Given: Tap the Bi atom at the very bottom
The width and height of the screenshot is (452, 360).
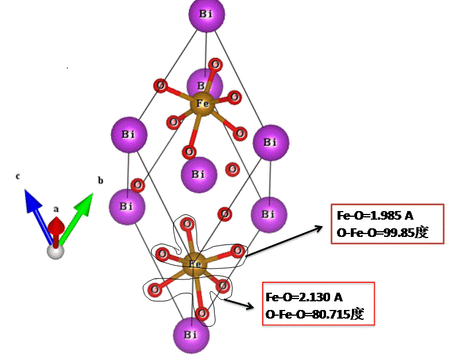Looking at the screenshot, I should point(191,335).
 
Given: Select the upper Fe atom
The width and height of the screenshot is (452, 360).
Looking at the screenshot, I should point(202,104).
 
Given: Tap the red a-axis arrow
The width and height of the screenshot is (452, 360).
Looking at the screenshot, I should point(55,227).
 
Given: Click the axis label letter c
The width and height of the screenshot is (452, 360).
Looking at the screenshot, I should point(18,177).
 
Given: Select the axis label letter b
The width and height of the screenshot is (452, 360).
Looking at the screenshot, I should point(100,181).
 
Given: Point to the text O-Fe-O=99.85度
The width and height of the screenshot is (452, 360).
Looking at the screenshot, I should point(383,232).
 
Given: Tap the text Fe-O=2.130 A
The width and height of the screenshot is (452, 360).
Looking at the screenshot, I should point(304,297).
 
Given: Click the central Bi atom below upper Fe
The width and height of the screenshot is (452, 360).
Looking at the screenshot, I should point(198,174).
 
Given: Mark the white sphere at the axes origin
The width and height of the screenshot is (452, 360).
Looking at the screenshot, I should point(55,251).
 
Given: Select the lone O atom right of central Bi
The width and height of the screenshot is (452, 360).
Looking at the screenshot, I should point(232,169).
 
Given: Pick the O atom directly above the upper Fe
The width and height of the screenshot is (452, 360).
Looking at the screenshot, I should point(215,64).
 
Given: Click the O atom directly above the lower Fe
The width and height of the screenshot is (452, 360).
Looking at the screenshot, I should point(187,225).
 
